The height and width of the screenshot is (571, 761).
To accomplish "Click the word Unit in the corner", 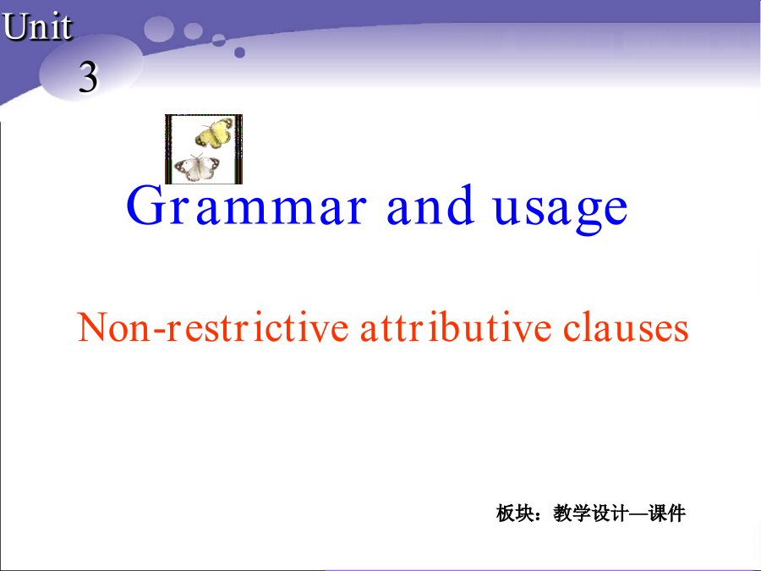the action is coord(37,26).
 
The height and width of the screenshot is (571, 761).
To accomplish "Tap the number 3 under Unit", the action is coord(88,77).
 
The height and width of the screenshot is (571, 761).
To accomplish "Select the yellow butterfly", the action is coord(214,133).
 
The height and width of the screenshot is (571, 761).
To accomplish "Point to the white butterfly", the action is coord(197,167).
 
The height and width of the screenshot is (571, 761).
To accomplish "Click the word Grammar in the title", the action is coord(246,206).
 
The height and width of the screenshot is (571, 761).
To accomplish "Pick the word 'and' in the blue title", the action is coord(430,205).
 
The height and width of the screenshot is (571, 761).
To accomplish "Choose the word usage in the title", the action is coord(561,211).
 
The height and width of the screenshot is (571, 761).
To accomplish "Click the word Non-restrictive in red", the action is coord(212,327).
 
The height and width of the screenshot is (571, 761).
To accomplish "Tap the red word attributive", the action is coord(456,327).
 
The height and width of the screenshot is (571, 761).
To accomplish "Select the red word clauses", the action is coord(626,327).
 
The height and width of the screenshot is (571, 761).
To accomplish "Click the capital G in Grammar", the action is coord(145,205).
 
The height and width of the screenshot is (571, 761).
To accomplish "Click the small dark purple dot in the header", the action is coord(239,52).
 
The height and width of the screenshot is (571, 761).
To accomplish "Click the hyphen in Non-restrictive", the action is coord(159,331).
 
